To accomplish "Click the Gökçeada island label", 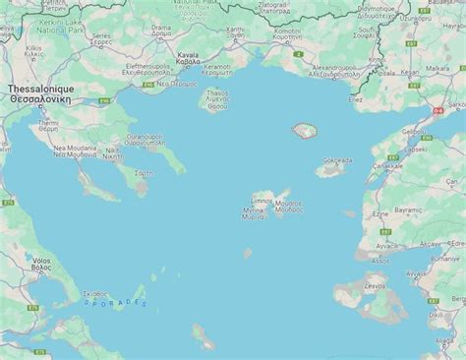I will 335,160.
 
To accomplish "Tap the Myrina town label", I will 253,211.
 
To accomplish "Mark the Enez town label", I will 356,99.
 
